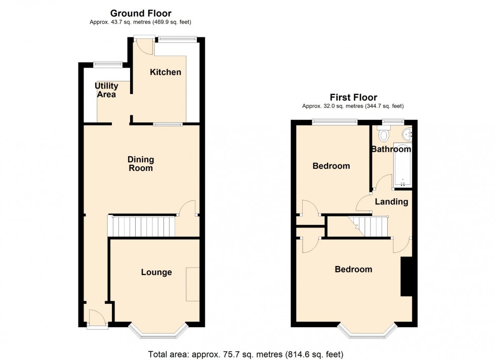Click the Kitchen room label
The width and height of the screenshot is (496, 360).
click(166, 72)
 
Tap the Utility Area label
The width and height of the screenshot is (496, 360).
click(106, 90)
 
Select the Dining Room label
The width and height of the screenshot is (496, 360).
click(141, 164)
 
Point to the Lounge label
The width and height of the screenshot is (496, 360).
click(156, 272)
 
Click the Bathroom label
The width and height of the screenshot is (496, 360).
click(391, 149)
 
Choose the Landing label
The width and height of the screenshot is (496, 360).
click(392, 202)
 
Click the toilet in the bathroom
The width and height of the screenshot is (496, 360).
click(384, 133)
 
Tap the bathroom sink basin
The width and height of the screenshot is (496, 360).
click(407, 134)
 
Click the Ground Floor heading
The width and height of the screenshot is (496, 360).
click(141, 13)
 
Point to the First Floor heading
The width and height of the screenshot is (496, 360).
click(353, 98)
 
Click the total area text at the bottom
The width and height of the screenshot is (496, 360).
click(246, 354)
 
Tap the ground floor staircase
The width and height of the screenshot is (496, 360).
click(142, 226)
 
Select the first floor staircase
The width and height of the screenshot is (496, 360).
click(368, 227)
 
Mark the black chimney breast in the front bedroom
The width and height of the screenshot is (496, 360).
click(406, 277)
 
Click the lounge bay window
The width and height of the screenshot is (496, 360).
click(158, 332)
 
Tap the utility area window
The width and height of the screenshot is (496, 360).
click(108, 64)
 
